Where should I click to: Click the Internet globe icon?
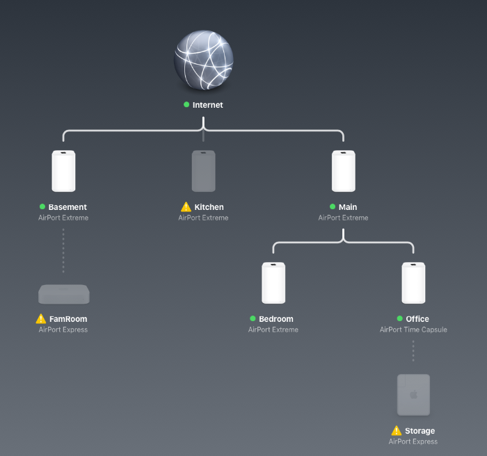tap(203, 60)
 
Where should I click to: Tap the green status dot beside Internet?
tap(186, 104)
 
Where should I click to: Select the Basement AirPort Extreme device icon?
tap(63, 171)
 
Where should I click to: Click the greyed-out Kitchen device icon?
tap(203, 171)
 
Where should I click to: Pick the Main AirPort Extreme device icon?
tap(344, 171)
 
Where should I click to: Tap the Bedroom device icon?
tap(273, 283)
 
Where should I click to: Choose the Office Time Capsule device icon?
tap(413, 283)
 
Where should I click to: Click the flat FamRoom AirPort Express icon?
tap(63, 294)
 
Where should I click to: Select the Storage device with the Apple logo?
tap(413, 395)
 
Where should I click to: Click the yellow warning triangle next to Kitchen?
tap(186, 207)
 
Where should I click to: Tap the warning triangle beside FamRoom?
tap(41, 319)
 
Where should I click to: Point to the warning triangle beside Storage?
tap(397, 431)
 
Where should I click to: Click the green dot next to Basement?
tap(42, 206)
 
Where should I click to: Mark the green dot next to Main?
tap(333, 206)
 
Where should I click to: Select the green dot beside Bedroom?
tap(253, 318)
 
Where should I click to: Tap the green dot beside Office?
tap(399, 318)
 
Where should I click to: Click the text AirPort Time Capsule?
tap(413, 329)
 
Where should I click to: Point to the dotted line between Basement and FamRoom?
tap(63, 250)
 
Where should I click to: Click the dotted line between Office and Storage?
tap(413, 351)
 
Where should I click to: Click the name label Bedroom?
tap(276, 319)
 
